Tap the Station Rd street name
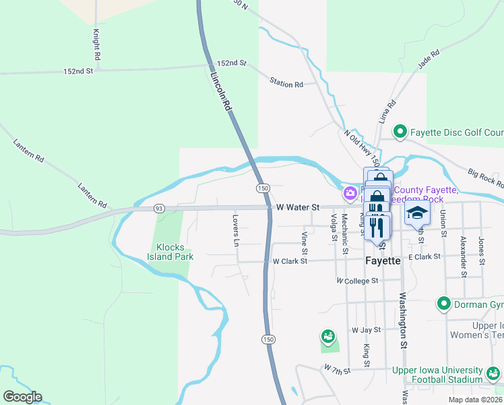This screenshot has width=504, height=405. pos(286,84)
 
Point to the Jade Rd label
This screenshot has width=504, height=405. pos(429,59)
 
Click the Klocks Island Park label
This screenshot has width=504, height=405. pos(171,252)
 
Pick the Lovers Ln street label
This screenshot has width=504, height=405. pos(236,230)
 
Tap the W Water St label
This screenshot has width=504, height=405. pos(297,208)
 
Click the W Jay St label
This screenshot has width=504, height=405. pos(366,330)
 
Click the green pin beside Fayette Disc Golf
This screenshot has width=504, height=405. pos(400,132)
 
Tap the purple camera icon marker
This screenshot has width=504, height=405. pos(350,194)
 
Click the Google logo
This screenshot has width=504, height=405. pos(22,397)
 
